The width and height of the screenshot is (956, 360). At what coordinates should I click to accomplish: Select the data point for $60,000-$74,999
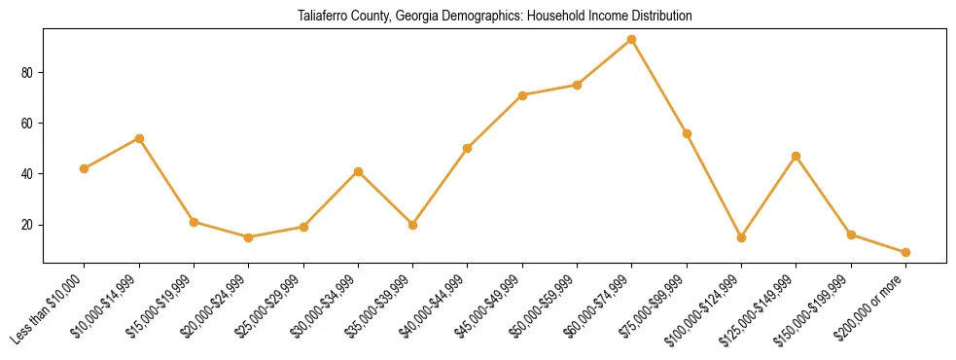tap(632, 40)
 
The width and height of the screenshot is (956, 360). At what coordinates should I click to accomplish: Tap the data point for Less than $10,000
tap(85, 168)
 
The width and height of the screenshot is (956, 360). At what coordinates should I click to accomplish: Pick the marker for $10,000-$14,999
tap(139, 138)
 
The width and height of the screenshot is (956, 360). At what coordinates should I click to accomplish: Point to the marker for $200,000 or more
tap(905, 252)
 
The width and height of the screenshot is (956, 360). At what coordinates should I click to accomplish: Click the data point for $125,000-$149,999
tap(797, 156)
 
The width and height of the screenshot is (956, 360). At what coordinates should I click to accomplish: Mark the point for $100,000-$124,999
tap(741, 237)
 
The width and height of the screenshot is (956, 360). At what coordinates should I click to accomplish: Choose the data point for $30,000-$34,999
tap(358, 171)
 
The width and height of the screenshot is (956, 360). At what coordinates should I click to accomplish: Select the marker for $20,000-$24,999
tap(249, 237)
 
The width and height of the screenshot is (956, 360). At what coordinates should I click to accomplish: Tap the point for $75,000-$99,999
tap(687, 133)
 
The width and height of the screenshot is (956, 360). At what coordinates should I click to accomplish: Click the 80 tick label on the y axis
tap(28, 73)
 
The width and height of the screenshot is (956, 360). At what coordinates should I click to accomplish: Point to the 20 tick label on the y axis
tap(28, 225)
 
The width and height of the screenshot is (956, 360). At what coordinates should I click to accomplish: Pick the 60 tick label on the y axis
tap(28, 124)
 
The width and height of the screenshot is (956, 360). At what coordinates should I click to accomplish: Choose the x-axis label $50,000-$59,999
tap(546, 306)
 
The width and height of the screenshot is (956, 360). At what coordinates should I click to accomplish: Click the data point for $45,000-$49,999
tap(522, 95)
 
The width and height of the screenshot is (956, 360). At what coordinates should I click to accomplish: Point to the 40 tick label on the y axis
tap(28, 174)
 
